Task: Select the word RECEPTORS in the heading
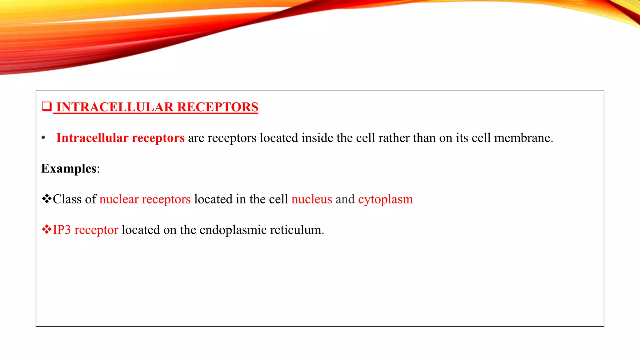(x=217, y=107)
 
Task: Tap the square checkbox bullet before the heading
(x=47, y=107)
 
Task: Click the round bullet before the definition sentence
(x=43, y=138)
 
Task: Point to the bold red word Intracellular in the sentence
(x=92, y=138)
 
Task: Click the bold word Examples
(x=69, y=168)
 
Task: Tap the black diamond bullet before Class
(x=47, y=199)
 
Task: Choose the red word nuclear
(x=119, y=199)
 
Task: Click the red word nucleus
(x=312, y=199)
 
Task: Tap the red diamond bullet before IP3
(x=47, y=229)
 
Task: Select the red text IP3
(x=62, y=230)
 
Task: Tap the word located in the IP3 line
(x=141, y=230)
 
